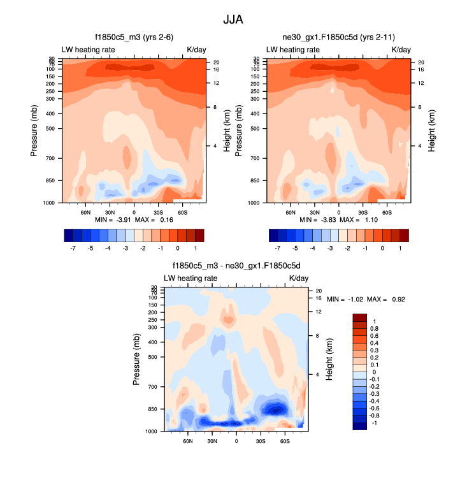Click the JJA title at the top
pyautogui.click(x=233, y=20)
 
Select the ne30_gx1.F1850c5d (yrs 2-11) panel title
pyautogui.click(x=338, y=37)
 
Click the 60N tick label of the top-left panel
pyautogui.click(x=85, y=212)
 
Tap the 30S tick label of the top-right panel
pyautogui.click(x=363, y=212)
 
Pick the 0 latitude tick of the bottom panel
pyautogui.click(x=236, y=441)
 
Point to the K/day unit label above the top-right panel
pyautogui.click(x=401, y=49)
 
